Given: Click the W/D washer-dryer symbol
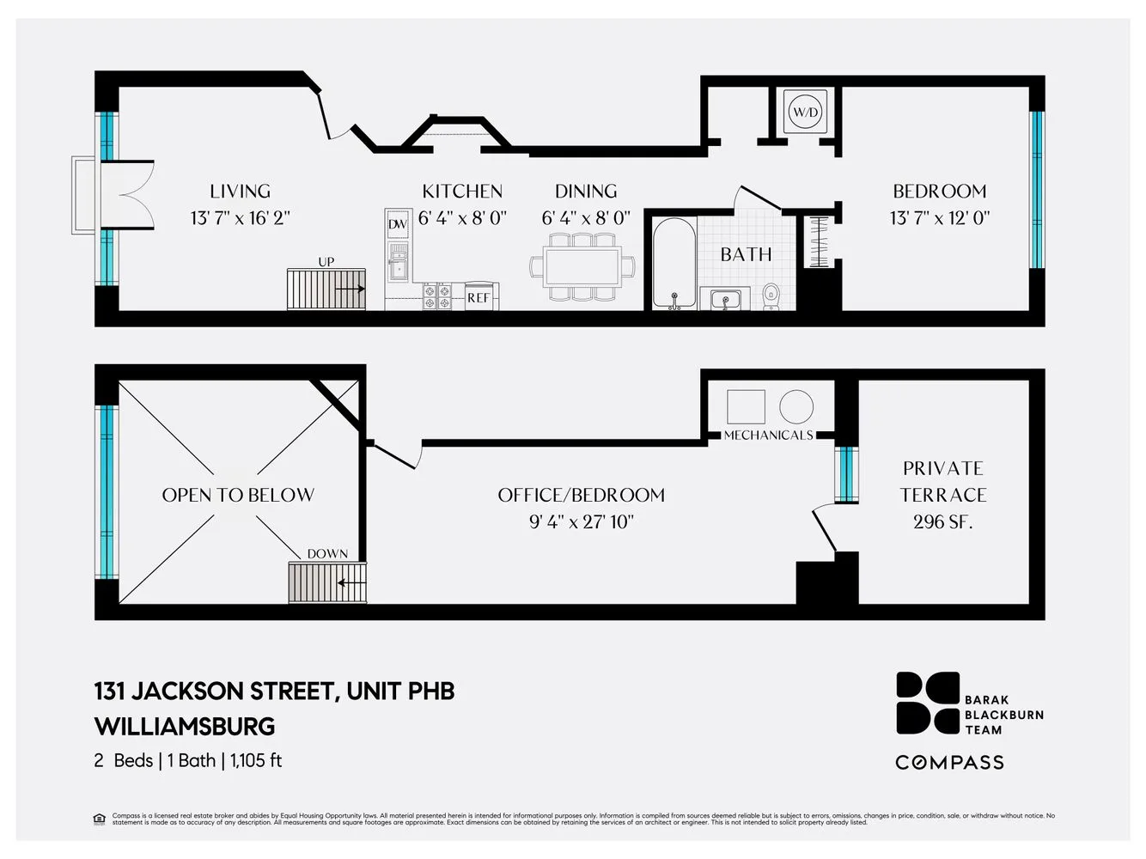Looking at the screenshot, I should point(806,112).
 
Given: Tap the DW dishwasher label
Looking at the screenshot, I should point(397,224).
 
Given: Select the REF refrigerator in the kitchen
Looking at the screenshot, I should point(479,297).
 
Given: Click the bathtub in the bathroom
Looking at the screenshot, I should point(674,263).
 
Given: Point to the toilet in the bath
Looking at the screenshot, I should point(771,295).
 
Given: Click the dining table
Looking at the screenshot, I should point(582,266).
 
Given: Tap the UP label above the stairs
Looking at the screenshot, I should point(326,262).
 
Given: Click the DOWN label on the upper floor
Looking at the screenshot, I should point(327,554).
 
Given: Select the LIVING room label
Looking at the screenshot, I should point(240,192).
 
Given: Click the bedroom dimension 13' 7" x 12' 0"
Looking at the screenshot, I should point(939,218).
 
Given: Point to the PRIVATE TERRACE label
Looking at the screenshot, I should point(942,481).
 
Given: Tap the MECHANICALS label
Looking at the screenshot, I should point(768,436).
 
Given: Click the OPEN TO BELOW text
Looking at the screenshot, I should point(238,495).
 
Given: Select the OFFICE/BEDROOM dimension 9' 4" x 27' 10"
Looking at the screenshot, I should point(581,521).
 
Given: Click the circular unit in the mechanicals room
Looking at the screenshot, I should point(796,406).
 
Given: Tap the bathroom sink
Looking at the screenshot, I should point(726,299).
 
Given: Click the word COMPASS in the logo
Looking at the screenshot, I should point(949,762).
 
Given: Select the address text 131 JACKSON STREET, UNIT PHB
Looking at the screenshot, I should point(274,691).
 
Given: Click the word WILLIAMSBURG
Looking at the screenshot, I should point(185,727).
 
